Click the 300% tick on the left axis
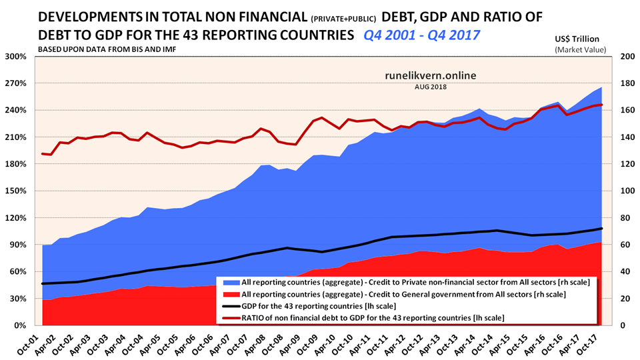[16, 57]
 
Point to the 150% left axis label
[16, 191]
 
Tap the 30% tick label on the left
[18, 299]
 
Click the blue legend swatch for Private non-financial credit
[231, 283]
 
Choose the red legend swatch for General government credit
[231, 294]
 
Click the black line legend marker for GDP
[231, 305]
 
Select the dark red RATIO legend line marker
[231, 317]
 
